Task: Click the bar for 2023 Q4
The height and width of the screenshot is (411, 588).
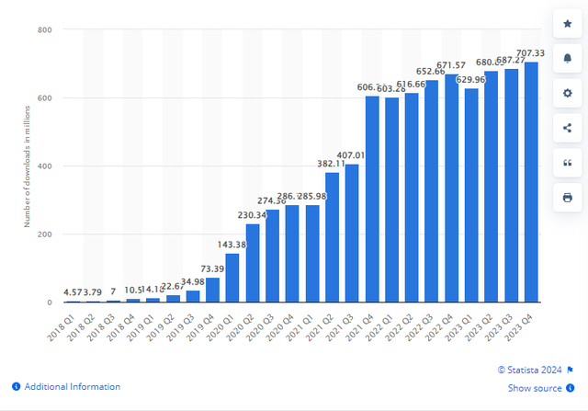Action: point(531,182)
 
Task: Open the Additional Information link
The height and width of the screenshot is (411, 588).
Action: point(72,387)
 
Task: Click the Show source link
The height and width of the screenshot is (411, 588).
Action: point(536,389)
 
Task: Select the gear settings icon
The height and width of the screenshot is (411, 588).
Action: point(567,92)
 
